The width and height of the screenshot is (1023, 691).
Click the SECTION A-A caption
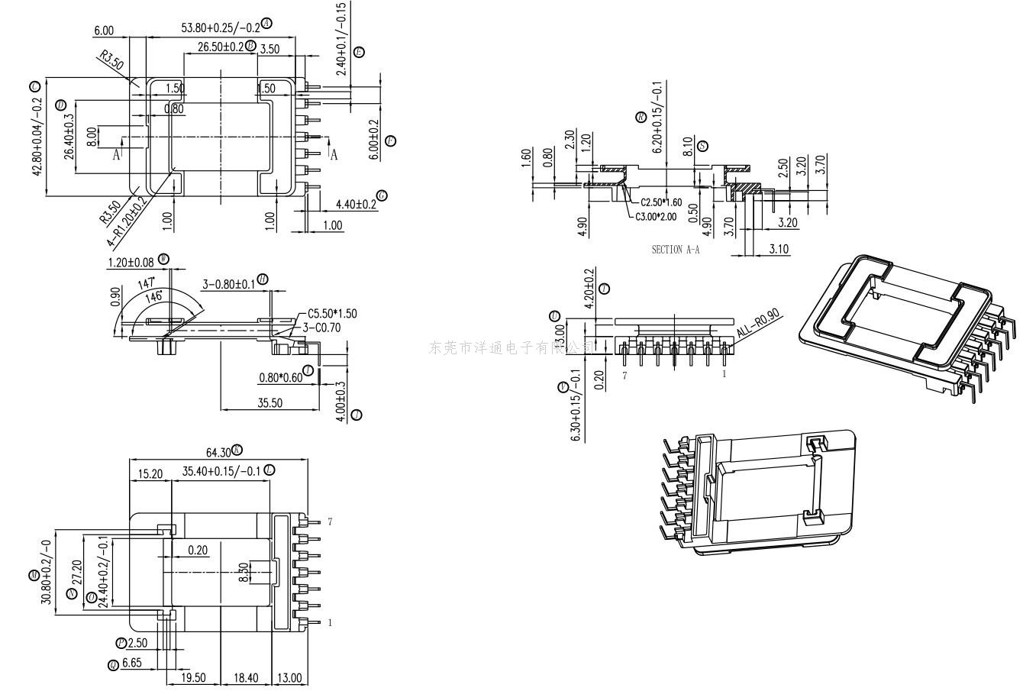pos(675,250)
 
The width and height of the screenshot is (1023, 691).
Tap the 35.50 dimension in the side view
pos(269,402)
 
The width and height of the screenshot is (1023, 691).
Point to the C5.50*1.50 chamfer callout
pos(332,314)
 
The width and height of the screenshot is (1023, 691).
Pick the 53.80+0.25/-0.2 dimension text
pos(221,27)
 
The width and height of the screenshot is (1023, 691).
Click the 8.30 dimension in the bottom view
pos(244,573)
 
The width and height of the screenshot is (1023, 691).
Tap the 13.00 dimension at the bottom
pos(289,677)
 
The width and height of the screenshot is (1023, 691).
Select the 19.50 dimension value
pos(192,677)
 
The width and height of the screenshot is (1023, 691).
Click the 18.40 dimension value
pos(246,677)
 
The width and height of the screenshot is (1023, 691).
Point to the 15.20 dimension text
pos(150,474)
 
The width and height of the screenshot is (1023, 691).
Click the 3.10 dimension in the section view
pos(779,249)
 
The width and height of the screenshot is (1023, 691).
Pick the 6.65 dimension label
pos(132,664)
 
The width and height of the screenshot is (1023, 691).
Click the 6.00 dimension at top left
pos(104,31)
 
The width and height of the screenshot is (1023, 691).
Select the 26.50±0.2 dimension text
pos(221,47)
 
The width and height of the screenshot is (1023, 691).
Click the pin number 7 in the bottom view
pos(330,522)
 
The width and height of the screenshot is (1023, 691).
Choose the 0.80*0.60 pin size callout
pos(279,377)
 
